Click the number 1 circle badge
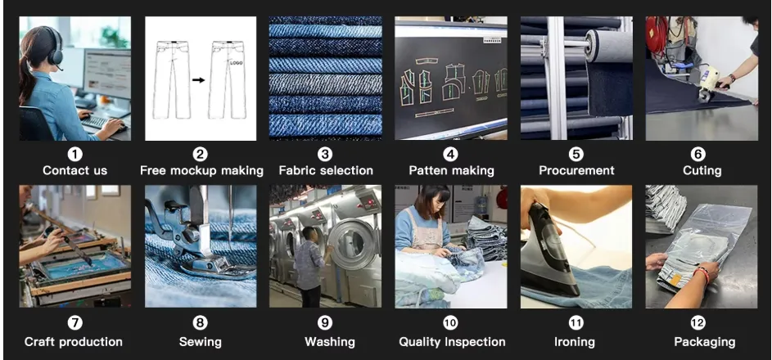pyautogui.click(x=74, y=154)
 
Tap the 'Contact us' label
pyautogui.click(x=74, y=170)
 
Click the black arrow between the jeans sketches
pyautogui.click(x=199, y=80)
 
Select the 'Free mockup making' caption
pyautogui.click(x=201, y=170)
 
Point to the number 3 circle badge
pyautogui.click(x=325, y=154)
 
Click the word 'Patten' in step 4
pyautogui.click(x=428, y=170)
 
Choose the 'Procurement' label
pyautogui.click(x=576, y=170)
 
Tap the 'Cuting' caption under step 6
pyautogui.click(x=702, y=170)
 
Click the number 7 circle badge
pyautogui.click(x=74, y=324)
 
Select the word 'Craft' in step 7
pyautogui.click(x=41, y=341)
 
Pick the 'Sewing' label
pyautogui.click(x=201, y=341)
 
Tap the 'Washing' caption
pyautogui.click(x=329, y=341)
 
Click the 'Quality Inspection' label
pyautogui.click(x=452, y=341)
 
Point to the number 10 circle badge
pyautogui.click(x=451, y=324)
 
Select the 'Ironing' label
pyautogui.click(x=576, y=341)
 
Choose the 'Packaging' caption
pyautogui.click(x=704, y=341)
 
